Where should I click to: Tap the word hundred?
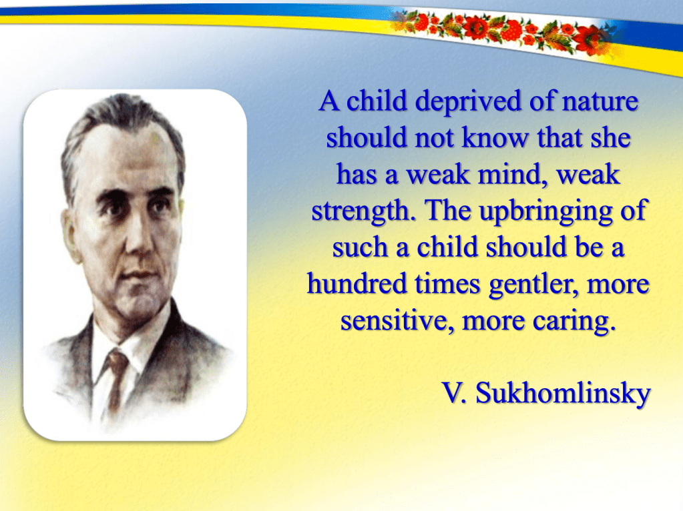(357, 284)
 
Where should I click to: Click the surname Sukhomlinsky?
(563, 394)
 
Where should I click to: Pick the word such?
(360, 247)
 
